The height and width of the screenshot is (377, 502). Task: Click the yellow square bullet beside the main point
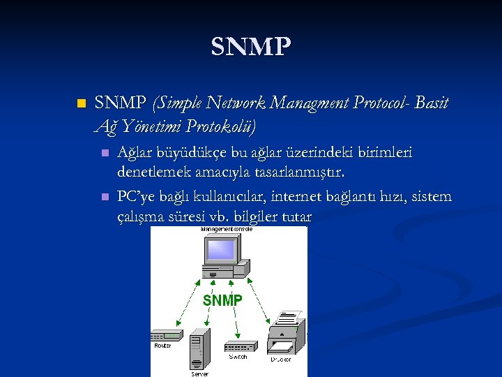(x=82, y=104)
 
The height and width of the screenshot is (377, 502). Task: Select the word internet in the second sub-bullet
(x=301, y=196)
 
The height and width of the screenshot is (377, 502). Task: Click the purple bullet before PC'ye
(x=105, y=197)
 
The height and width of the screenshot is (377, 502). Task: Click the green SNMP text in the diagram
(x=222, y=300)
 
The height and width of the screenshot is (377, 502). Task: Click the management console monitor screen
(x=222, y=250)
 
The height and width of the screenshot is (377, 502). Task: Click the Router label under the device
(x=162, y=346)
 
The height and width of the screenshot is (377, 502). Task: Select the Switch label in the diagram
(x=238, y=357)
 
